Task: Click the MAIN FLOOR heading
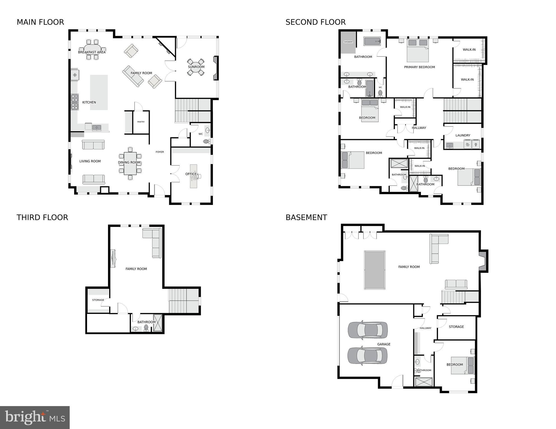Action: click(40, 22)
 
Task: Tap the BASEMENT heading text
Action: click(306, 217)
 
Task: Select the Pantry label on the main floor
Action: click(141, 122)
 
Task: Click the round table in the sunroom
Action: click(196, 67)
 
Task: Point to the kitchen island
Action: click(99, 92)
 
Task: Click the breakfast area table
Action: click(92, 49)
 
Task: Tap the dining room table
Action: click(130, 163)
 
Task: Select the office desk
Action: click(193, 176)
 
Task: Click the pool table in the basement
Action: click(375, 270)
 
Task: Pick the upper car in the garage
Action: click(368, 330)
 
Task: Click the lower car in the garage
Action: click(367, 356)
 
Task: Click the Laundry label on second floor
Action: click(463, 135)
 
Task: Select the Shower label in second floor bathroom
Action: click(348, 42)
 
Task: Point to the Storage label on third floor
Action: click(98, 300)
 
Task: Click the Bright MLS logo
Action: click(35, 417)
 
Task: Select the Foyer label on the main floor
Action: click(160, 152)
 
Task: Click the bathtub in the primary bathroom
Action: click(372, 41)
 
